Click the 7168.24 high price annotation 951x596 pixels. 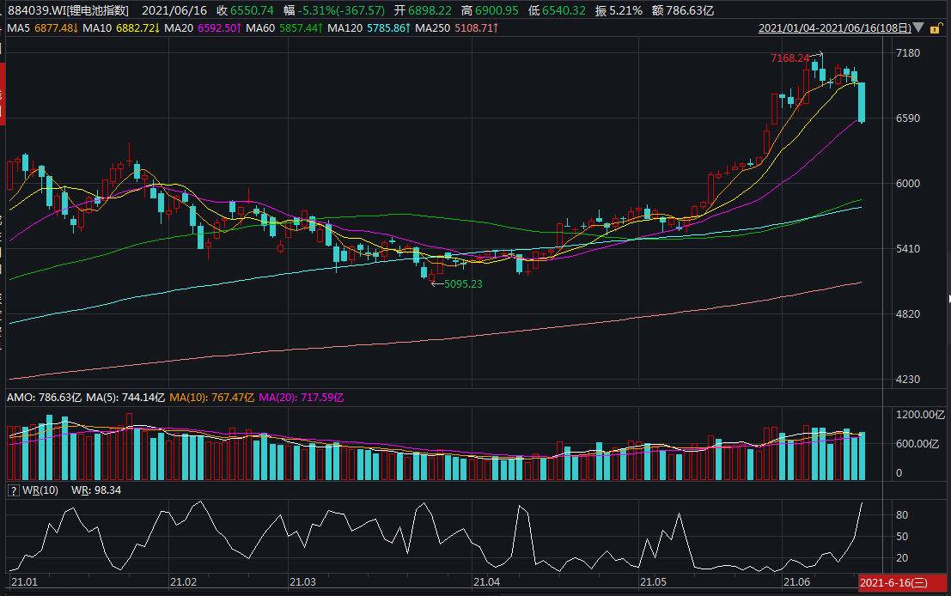(789, 58)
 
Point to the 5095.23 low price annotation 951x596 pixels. (463, 283)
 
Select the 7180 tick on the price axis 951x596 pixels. (908, 53)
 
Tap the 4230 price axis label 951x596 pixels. (908, 380)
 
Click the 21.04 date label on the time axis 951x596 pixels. (486, 582)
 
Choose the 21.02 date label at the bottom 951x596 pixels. (183, 582)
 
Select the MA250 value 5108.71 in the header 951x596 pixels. (476, 27)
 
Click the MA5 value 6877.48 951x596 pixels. (57, 27)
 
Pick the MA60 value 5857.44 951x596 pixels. (302, 27)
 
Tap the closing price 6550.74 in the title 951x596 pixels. (252, 10)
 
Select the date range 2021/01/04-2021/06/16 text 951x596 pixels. (835, 27)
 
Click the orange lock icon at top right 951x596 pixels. (936, 27)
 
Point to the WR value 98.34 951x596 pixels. (107, 490)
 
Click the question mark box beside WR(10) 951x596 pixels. (14, 490)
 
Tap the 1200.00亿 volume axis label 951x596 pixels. (920, 415)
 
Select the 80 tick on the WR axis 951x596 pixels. (902, 514)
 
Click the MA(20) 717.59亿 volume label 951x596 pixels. (301, 398)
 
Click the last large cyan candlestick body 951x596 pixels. (862, 102)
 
